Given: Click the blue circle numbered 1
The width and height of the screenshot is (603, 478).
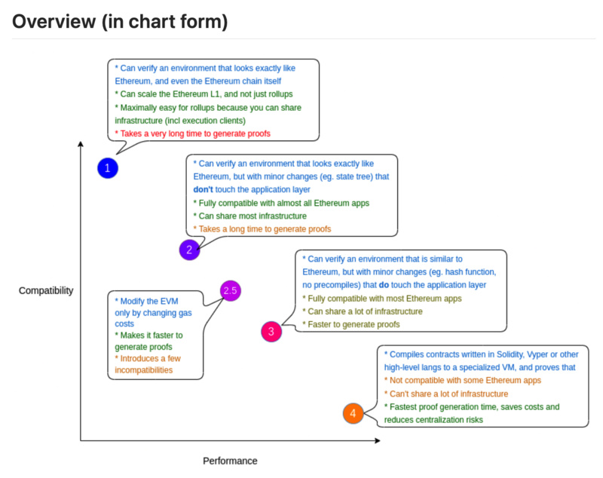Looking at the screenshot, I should point(108,168).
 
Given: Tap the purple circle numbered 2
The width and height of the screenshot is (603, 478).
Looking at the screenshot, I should point(190,250).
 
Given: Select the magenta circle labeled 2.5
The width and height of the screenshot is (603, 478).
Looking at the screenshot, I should point(231,291).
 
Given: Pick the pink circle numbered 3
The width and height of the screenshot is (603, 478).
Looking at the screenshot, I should point(271,331).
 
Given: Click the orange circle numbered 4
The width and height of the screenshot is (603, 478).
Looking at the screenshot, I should point(353,413).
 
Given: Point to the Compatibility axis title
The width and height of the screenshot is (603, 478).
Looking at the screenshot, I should point(46,290).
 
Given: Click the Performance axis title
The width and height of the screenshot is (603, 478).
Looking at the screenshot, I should point(230,461).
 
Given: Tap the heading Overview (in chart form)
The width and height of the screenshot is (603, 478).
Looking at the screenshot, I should point(120,22).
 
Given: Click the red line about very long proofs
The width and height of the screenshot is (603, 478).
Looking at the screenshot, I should point(192,133).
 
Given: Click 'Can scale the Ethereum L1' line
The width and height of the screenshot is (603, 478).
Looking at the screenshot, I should point(204,93).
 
